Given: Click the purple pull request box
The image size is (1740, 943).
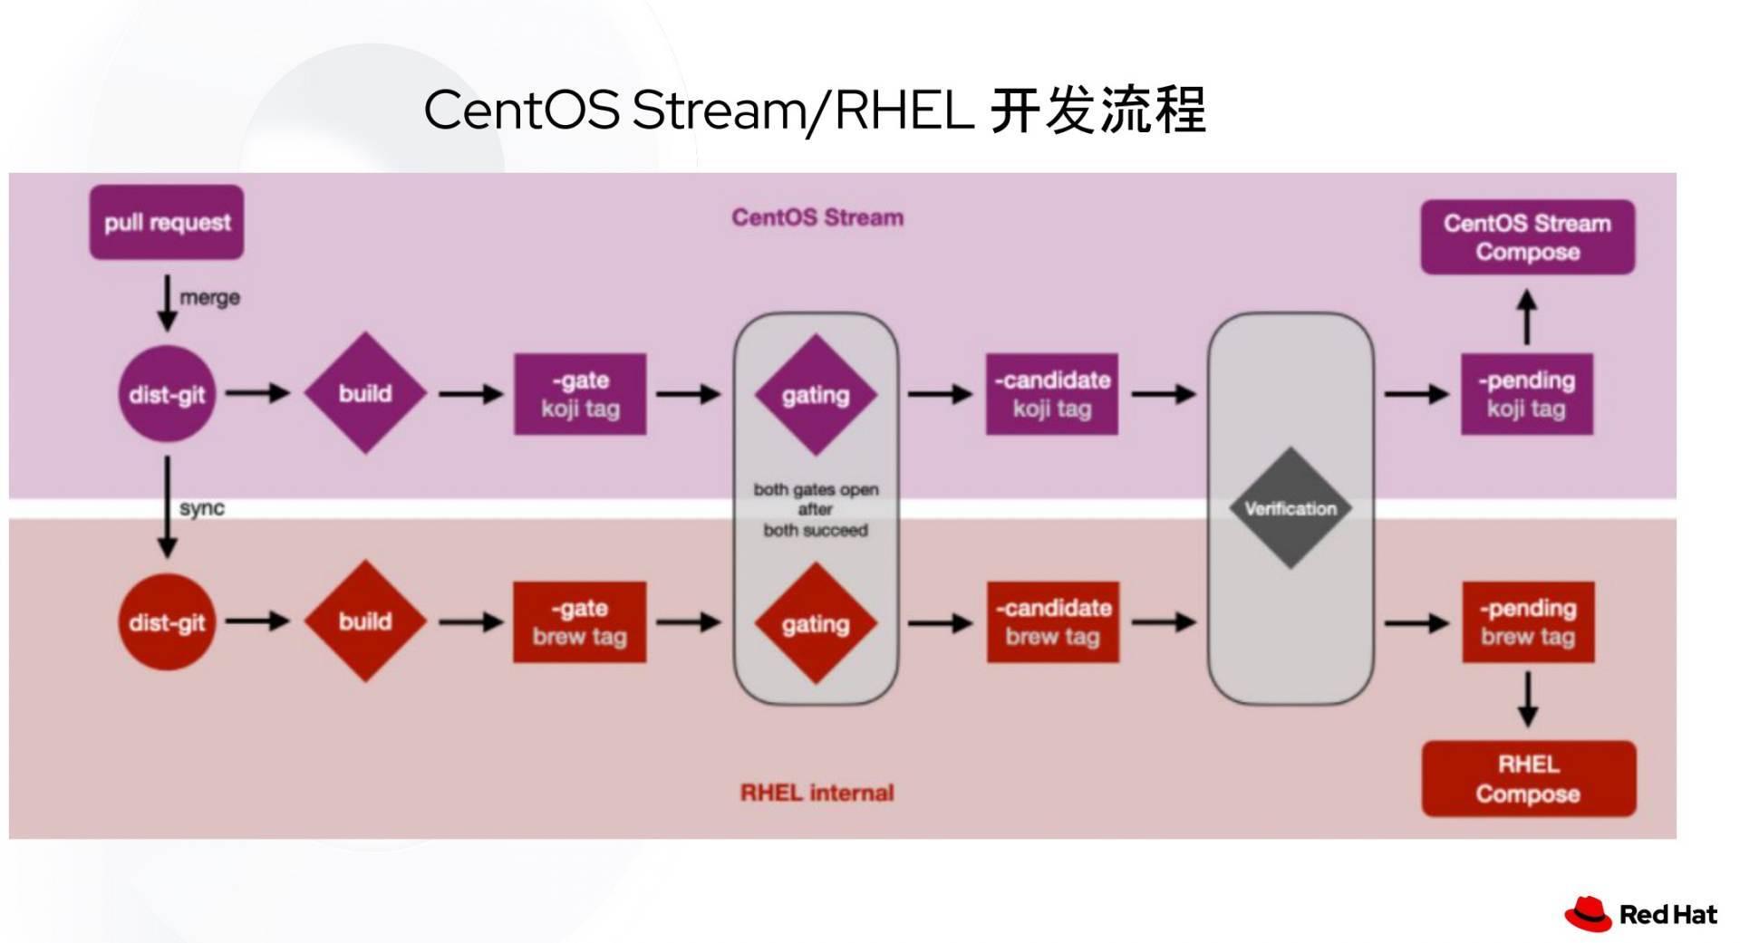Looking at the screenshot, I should [167, 222].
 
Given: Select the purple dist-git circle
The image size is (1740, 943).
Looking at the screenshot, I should [167, 394].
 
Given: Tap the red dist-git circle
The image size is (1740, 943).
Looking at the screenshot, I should [167, 622].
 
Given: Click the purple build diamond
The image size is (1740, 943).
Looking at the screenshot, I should [365, 393].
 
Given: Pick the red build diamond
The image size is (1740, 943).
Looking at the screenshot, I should [365, 621].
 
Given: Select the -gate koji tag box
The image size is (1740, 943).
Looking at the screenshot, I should [580, 394].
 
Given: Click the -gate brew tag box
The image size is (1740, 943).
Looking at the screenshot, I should [580, 622].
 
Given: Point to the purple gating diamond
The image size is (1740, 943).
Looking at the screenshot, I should [816, 395].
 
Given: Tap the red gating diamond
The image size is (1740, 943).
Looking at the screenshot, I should [816, 623].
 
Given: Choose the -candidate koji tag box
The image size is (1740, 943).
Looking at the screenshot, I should [1052, 394].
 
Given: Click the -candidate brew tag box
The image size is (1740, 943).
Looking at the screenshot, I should [1052, 622].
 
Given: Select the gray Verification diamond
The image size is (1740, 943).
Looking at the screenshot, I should [1290, 508].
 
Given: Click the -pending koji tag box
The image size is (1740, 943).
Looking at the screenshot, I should [1526, 394].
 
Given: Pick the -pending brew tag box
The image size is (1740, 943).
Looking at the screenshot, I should [1528, 622].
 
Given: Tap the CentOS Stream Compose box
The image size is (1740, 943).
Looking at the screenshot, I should [1527, 237].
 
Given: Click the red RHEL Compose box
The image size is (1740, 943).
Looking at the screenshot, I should [1528, 779].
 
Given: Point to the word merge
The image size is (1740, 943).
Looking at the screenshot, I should [209, 297].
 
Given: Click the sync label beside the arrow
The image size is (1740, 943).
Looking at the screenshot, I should [202, 508].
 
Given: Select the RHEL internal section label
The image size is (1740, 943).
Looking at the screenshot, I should [817, 793].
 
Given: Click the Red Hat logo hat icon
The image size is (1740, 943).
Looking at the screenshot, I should [1588, 914].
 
